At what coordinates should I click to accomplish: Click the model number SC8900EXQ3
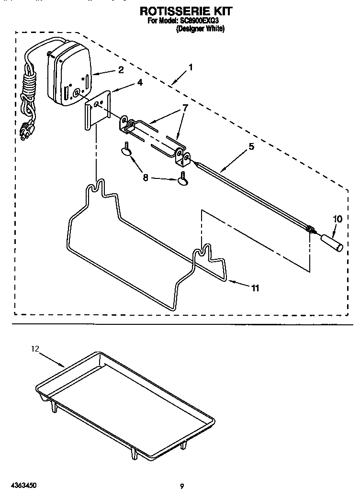coord(200,21)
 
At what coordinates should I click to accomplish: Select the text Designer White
coord(200,29)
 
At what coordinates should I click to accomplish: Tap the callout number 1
coord(191,67)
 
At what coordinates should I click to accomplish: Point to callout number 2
coord(121,70)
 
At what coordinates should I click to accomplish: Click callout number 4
coord(139,82)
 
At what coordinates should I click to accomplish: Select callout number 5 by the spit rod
coord(251,148)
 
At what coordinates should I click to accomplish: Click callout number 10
coord(337,219)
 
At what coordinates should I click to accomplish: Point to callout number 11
coord(255,288)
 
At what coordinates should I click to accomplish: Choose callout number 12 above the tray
coord(34,349)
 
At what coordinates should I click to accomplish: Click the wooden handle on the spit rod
coord(331,241)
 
